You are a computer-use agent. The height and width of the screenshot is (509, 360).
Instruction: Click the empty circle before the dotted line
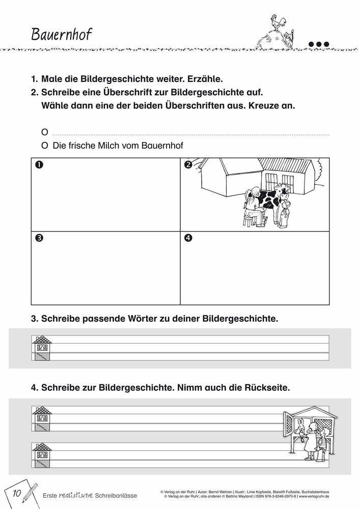(44, 132)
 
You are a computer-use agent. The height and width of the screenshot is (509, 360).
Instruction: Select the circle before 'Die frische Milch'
(44, 146)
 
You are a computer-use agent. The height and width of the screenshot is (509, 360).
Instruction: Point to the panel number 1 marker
(39, 164)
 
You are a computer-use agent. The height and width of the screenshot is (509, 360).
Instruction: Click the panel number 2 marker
(187, 164)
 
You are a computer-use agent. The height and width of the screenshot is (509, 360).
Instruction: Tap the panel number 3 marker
(39, 238)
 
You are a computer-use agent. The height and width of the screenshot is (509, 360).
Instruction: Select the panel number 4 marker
(187, 238)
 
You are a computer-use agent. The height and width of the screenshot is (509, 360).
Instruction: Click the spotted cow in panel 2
(272, 199)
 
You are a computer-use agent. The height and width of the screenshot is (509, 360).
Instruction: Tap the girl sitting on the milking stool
(252, 206)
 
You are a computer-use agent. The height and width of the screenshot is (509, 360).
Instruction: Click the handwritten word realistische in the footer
(75, 494)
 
